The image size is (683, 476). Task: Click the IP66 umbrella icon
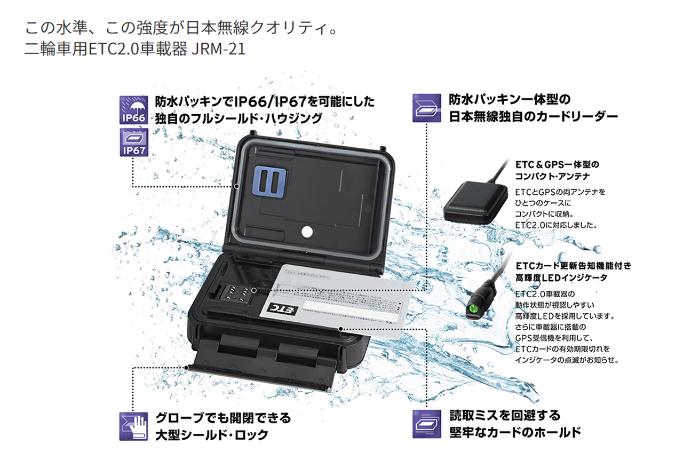tap(133, 110)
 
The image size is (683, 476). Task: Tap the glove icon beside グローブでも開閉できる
tap(133, 426)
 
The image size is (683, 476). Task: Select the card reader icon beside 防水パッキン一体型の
tap(426, 108)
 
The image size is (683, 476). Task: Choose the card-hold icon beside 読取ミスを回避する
tap(426, 424)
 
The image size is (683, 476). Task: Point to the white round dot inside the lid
tap(307, 231)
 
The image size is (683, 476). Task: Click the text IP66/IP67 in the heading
tap(273, 101)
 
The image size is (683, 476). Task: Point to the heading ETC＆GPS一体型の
tap(557, 164)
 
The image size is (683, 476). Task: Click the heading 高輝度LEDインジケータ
tap(561, 277)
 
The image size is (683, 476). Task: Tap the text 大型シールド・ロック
tap(211, 434)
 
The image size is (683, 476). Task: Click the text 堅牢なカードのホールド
tap(515, 432)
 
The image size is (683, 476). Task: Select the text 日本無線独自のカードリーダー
tap(533, 116)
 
